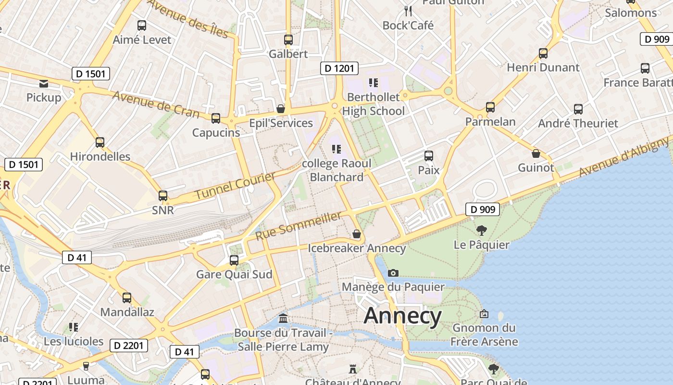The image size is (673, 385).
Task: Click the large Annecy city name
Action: click(x=402, y=316)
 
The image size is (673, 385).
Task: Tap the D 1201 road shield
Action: click(x=339, y=68)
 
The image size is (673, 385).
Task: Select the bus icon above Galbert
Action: click(x=288, y=40)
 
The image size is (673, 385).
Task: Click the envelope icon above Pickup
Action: click(x=44, y=84)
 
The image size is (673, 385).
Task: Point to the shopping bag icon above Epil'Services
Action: click(x=281, y=109)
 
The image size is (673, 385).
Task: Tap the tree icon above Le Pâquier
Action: click(x=481, y=231)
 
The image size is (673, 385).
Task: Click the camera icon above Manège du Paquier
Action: click(x=393, y=273)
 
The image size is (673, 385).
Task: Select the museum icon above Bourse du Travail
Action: click(x=284, y=319)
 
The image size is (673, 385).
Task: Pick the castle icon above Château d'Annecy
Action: click(x=353, y=369)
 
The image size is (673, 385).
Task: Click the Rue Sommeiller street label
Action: click(x=299, y=226)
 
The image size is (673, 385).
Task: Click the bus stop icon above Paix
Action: click(x=429, y=156)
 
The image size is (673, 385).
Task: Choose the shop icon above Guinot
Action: click(x=536, y=154)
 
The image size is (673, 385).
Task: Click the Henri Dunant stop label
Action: click(x=543, y=67)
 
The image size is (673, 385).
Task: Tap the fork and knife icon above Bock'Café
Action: click(x=408, y=11)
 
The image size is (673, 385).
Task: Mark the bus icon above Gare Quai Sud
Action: click(x=234, y=260)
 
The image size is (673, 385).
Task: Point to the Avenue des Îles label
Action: click(x=188, y=18)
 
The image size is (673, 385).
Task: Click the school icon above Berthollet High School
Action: click(x=373, y=83)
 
